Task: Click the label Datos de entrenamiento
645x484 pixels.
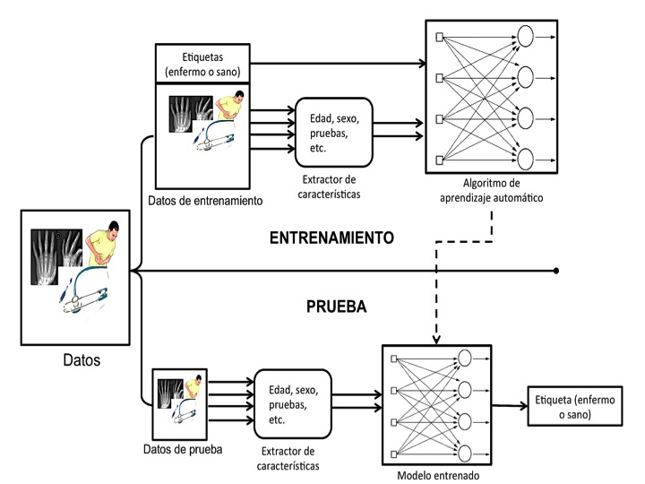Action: (209, 200)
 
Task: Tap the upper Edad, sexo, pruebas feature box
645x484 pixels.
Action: (333, 132)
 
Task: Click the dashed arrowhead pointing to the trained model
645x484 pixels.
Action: (437, 337)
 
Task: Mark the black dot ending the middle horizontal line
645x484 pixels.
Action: (557, 270)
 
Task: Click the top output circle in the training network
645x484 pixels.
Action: (525, 37)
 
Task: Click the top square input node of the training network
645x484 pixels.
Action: (439, 37)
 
